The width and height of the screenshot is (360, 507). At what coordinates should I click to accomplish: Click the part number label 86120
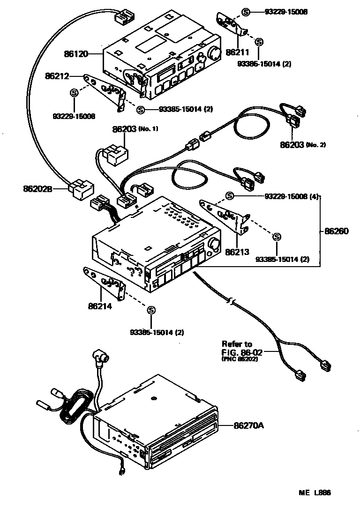click(x=76, y=54)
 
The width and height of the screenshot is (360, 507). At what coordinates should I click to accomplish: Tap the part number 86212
click(x=57, y=75)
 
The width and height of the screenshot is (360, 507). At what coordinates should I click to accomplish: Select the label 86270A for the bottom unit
click(x=249, y=425)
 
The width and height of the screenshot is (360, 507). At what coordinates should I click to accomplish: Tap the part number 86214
click(x=99, y=307)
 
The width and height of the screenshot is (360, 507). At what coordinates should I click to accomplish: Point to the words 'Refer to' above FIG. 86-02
click(x=237, y=344)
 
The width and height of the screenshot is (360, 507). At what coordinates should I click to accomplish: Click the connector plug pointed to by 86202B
click(x=81, y=189)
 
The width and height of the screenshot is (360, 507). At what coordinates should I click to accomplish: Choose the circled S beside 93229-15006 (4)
click(x=230, y=195)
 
